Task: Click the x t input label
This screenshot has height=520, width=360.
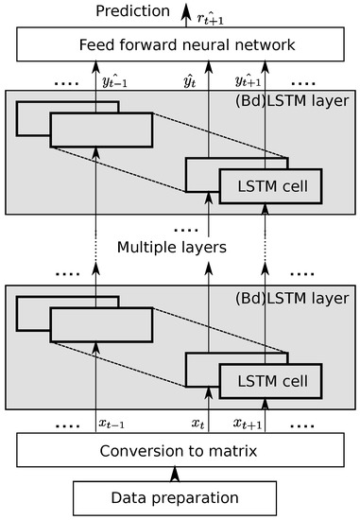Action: pos(198,423)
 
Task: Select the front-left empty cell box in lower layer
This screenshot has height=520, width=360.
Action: pos(100,326)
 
